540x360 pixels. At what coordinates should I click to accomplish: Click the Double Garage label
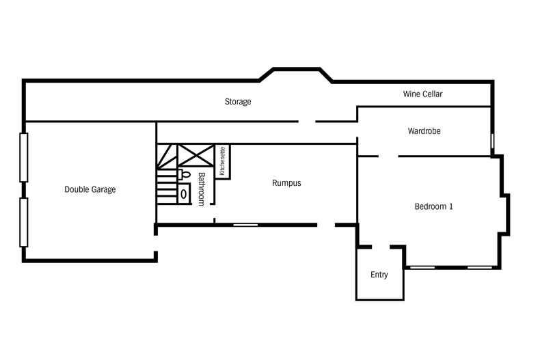pyautogui.click(x=90, y=189)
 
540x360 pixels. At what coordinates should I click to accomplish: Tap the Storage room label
pyautogui.click(x=238, y=102)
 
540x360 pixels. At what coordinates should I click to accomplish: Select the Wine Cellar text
pyautogui.click(x=422, y=94)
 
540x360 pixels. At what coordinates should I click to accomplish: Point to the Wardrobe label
pyautogui.click(x=424, y=130)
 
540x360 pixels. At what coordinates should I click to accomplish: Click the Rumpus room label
pyautogui.click(x=286, y=183)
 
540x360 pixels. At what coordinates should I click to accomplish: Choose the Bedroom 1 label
pyautogui.click(x=434, y=206)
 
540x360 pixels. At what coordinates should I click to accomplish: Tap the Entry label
pyautogui.click(x=379, y=275)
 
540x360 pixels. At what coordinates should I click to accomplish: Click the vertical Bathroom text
pyautogui.click(x=202, y=189)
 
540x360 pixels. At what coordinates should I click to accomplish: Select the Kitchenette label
pyautogui.click(x=222, y=161)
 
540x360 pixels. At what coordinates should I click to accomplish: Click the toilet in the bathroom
pyautogui.click(x=185, y=175)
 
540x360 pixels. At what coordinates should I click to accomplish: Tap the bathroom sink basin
pyautogui.click(x=183, y=194)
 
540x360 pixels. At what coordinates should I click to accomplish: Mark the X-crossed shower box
pyautogui.click(x=196, y=155)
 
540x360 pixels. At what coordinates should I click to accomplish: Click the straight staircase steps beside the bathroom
pyautogui.click(x=166, y=188)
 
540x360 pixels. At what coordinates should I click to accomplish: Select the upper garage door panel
pyautogui.click(x=24, y=157)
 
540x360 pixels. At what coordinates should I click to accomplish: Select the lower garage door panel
pyautogui.click(x=24, y=222)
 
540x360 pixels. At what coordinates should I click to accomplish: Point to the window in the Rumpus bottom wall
pyautogui.click(x=245, y=224)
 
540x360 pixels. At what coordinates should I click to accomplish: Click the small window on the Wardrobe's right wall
pyautogui.click(x=492, y=141)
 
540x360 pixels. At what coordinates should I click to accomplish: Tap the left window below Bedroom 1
pyautogui.click(x=422, y=267)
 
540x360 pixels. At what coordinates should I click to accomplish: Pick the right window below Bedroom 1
pyautogui.click(x=479, y=267)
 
